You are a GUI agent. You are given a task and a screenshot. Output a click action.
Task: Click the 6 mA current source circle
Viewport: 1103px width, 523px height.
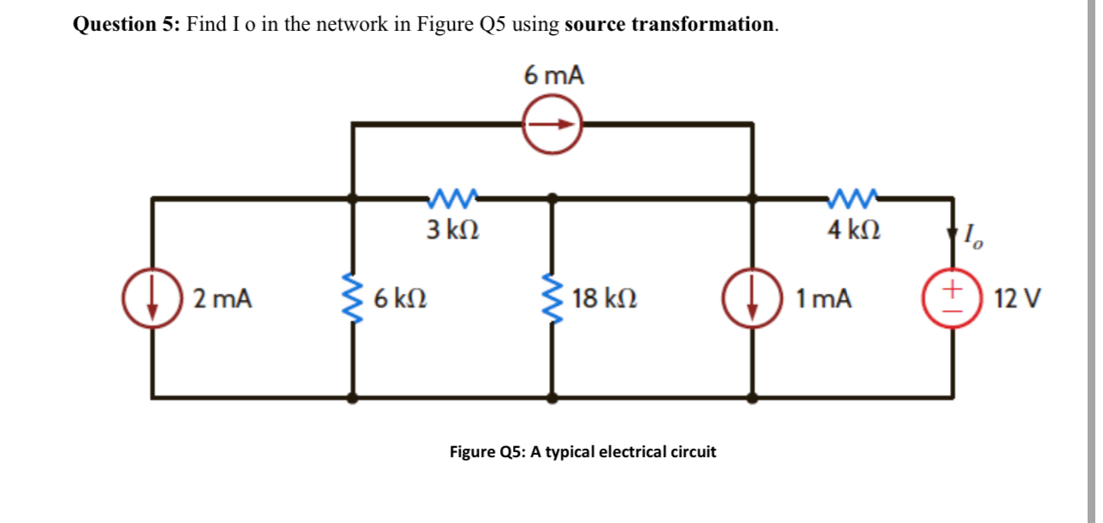[x=552, y=124]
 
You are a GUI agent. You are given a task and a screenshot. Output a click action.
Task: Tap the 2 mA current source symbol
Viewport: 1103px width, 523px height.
[x=154, y=298]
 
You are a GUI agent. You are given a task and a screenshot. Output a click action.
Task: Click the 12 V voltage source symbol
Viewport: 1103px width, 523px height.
[x=953, y=298]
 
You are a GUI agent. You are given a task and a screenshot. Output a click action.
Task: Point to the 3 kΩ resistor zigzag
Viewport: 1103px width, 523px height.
[x=452, y=200]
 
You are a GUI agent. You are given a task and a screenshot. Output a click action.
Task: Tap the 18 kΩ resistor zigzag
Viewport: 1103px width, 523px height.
[x=552, y=298]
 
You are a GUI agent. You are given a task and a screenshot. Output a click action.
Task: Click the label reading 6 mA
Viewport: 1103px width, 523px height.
[x=554, y=76]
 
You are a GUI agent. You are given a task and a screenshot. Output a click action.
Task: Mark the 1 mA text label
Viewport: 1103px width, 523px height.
[x=823, y=299]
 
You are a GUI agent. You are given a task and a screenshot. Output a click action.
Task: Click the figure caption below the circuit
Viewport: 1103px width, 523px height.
[x=582, y=451]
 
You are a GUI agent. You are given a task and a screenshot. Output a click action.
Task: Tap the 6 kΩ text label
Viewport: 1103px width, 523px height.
[x=400, y=299]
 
